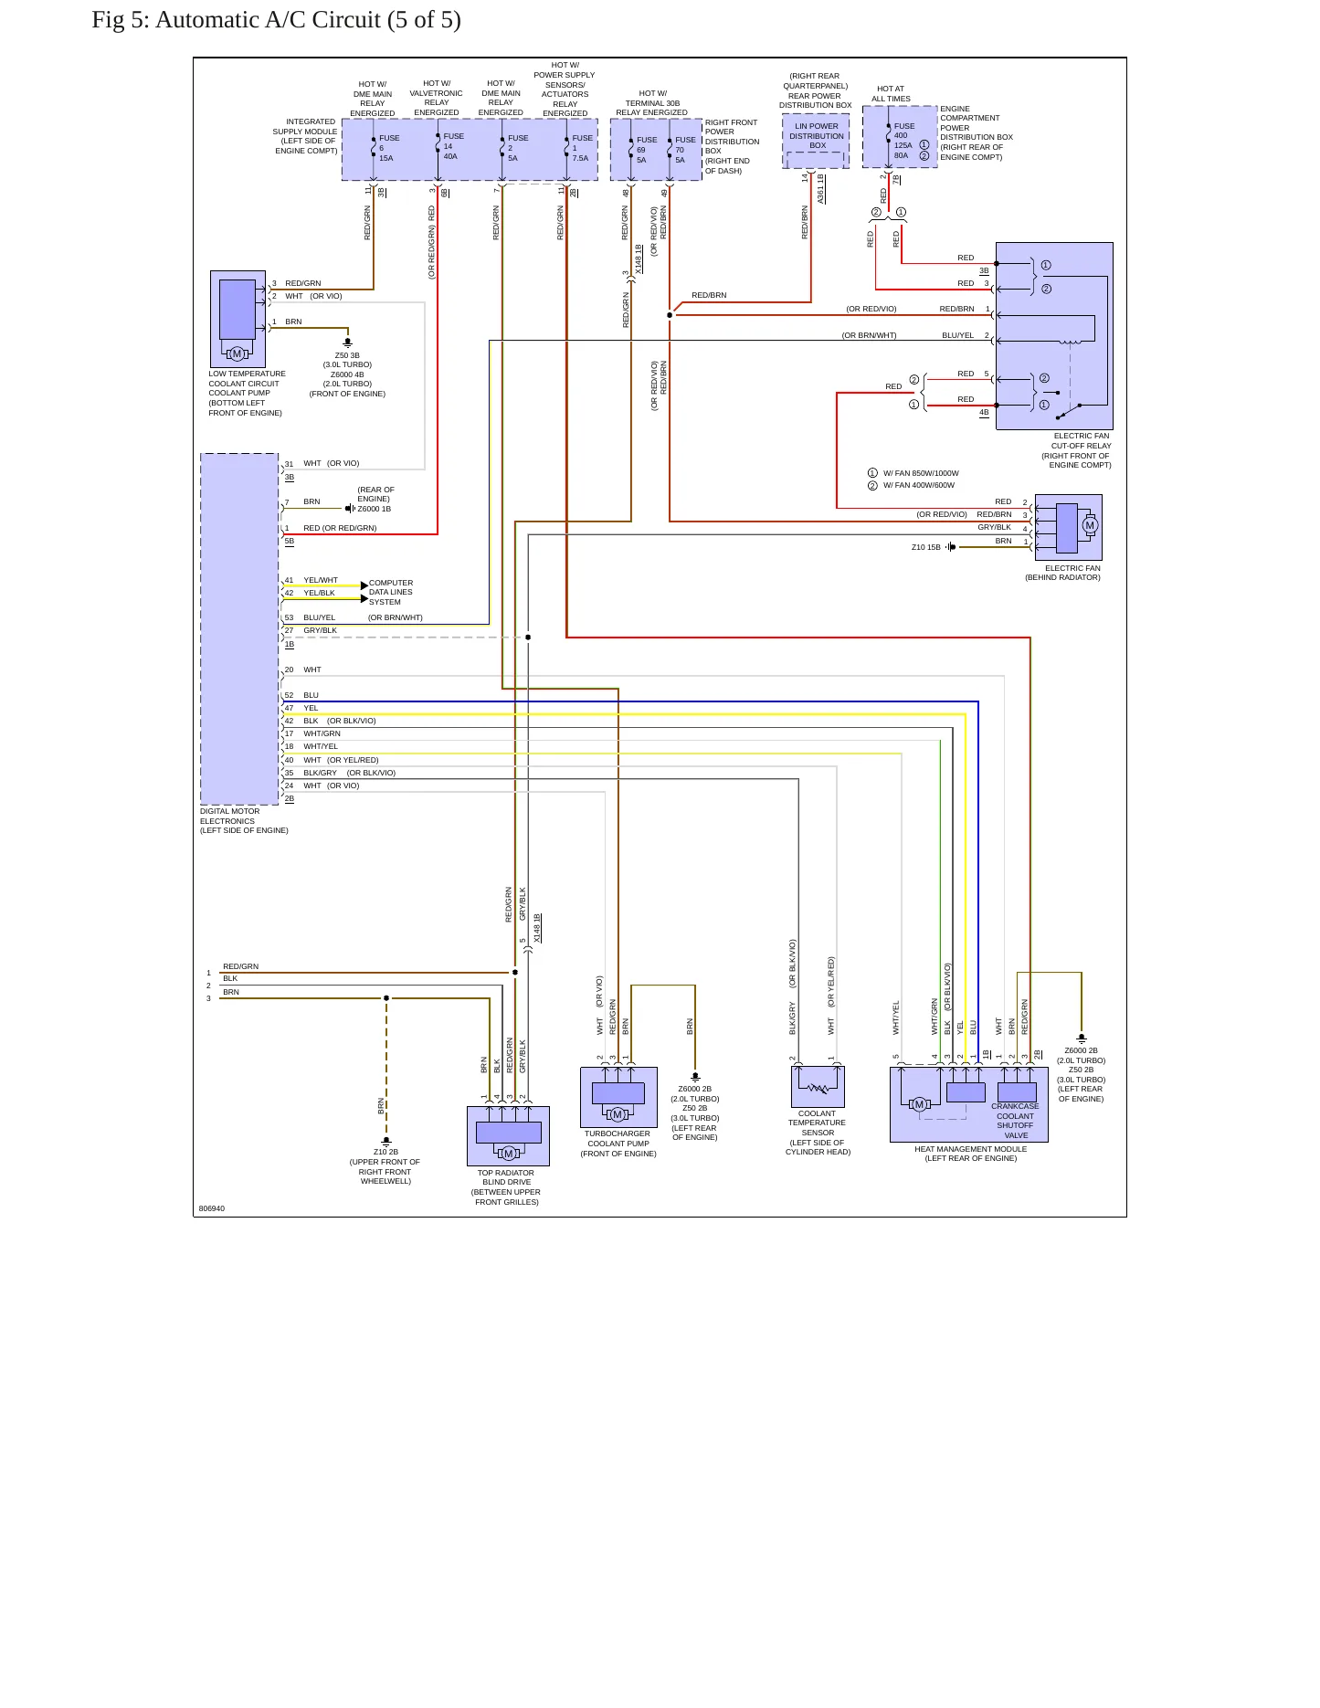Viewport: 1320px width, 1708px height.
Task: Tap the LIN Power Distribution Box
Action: [x=816, y=142]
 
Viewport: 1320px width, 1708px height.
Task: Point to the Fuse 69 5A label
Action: [x=647, y=150]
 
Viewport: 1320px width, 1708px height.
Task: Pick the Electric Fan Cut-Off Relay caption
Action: [x=1076, y=450]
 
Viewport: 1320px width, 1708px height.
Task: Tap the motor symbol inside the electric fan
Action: [x=1089, y=525]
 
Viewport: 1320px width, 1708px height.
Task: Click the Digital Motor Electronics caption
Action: [x=244, y=821]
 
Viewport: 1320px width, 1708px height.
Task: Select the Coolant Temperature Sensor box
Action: [x=818, y=1087]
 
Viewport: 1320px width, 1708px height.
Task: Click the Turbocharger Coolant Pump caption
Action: [x=618, y=1144]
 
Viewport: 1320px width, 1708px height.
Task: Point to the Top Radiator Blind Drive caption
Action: [x=507, y=1187]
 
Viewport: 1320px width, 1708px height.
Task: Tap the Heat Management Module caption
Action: [x=970, y=1154]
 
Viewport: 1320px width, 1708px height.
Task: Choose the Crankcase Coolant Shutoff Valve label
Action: [x=1015, y=1121]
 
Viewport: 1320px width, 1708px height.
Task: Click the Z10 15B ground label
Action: [x=925, y=547]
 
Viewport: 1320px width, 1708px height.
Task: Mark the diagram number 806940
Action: [x=212, y=1208]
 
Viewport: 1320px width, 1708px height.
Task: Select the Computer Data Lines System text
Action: [x=391, y=592]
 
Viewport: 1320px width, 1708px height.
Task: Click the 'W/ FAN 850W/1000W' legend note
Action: [x=921, y=473]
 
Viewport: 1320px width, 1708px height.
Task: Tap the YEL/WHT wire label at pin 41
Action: [x=321, y=580]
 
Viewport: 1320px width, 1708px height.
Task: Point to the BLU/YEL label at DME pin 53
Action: [x=320, y=617]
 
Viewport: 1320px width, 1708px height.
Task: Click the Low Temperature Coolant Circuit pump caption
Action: [x=247, y=393]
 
